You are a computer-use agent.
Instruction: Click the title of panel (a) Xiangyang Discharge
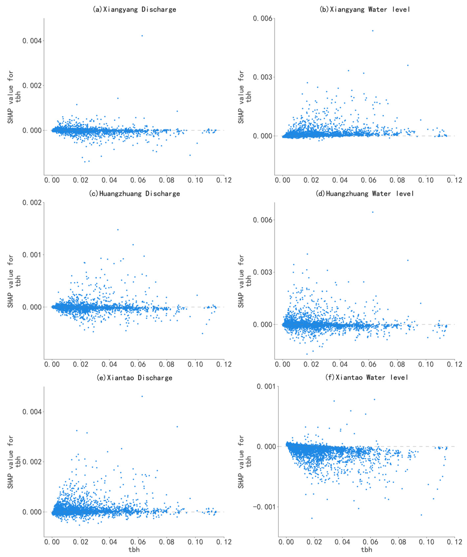click(x=134, y=10)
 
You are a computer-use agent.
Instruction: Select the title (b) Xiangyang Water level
click(x=365, y=10)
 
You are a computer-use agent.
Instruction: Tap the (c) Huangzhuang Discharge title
click(x=134, y=194)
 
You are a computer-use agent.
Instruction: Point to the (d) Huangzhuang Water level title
click(x=365, y=194)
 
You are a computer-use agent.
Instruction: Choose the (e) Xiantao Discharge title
click(x=134, y=378)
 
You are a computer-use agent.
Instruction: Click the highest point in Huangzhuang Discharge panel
click(x=118, y=230)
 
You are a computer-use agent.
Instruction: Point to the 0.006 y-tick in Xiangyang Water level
click(x=263, y=19)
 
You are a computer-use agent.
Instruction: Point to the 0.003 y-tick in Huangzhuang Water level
click(x=263, y=272)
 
